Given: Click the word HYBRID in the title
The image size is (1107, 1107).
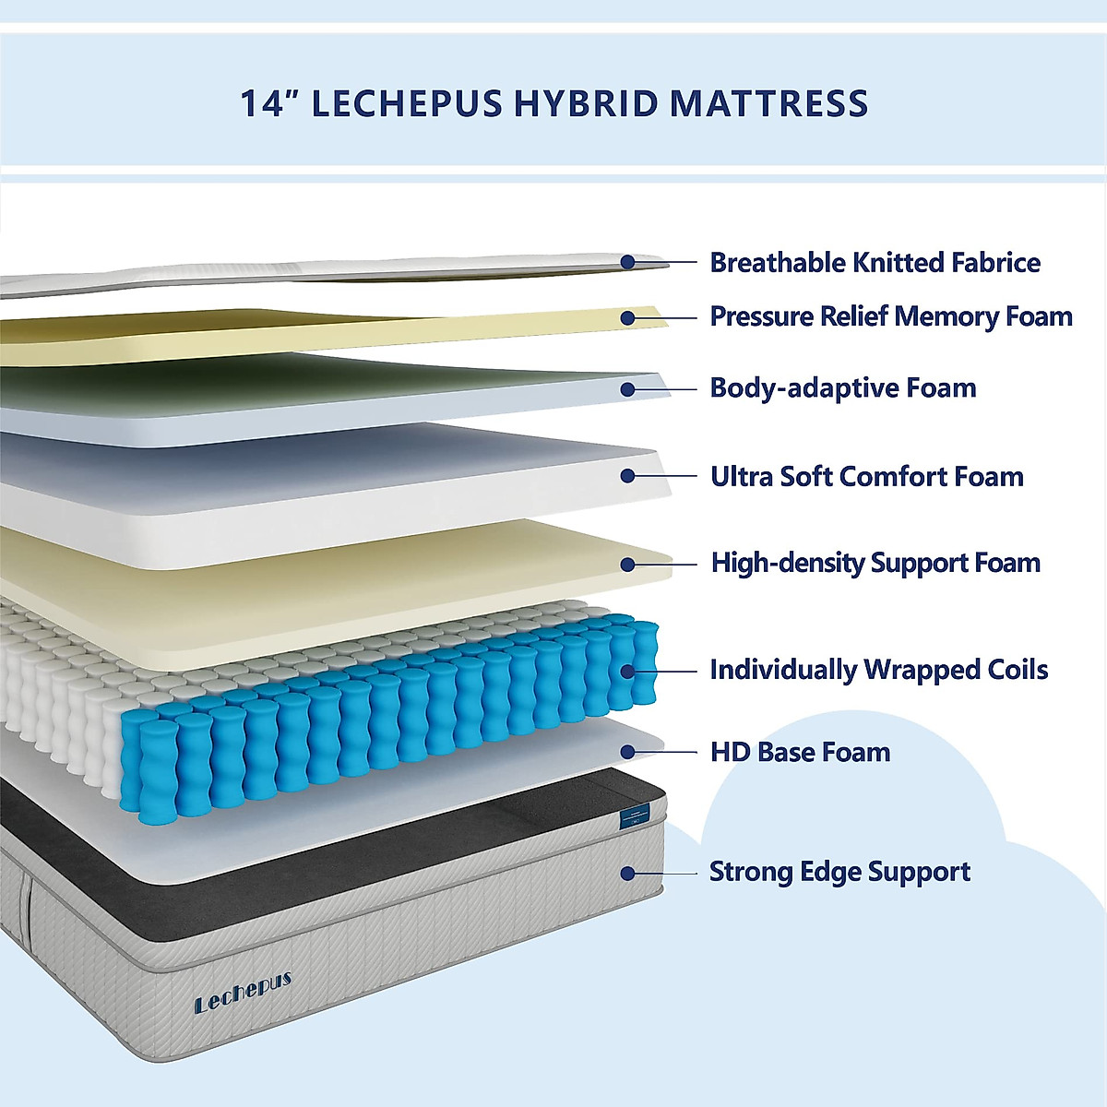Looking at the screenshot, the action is click(x=585, y=103).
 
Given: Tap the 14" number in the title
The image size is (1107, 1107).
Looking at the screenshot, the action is click(x=265, y=103).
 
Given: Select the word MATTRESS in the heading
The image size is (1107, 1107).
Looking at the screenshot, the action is click(x=768, y=103).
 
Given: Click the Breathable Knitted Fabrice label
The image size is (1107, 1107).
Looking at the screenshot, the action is click(x=875, y=263).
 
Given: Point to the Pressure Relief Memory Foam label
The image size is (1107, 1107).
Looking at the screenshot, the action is click(x=890, y=316).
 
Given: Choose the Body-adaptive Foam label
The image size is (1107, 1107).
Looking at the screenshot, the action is click(x=842, y=387).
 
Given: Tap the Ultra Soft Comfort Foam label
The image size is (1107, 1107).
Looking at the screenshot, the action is click(x=866, y=476).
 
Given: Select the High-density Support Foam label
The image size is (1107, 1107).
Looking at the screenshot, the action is click(x=875, y=563).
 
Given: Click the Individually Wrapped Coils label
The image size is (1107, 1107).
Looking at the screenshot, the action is click(x=878, y=670).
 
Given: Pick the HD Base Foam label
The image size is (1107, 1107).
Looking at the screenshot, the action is click(x=800, y=752).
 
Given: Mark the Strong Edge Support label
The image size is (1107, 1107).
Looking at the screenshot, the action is click(x=839, y=872).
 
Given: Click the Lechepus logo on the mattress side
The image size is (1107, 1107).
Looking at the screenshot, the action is click(x=243, y=992).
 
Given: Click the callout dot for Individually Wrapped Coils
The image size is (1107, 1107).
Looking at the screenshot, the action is click(x=627, y=671).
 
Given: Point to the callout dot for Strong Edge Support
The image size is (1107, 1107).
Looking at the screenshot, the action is click(x=627, y=873).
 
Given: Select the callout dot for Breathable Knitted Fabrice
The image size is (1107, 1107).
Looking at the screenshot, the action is click(x=627, y=262).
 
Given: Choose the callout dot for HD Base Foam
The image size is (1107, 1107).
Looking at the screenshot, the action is click(x=627, y=752).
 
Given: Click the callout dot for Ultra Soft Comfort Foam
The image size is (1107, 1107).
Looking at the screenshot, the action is click(x=627, y=476).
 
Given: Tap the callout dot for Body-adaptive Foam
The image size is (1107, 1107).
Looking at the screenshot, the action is click(x=627, y=389).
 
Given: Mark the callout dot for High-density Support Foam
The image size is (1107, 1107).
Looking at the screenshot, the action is click(x=627, y=564).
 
